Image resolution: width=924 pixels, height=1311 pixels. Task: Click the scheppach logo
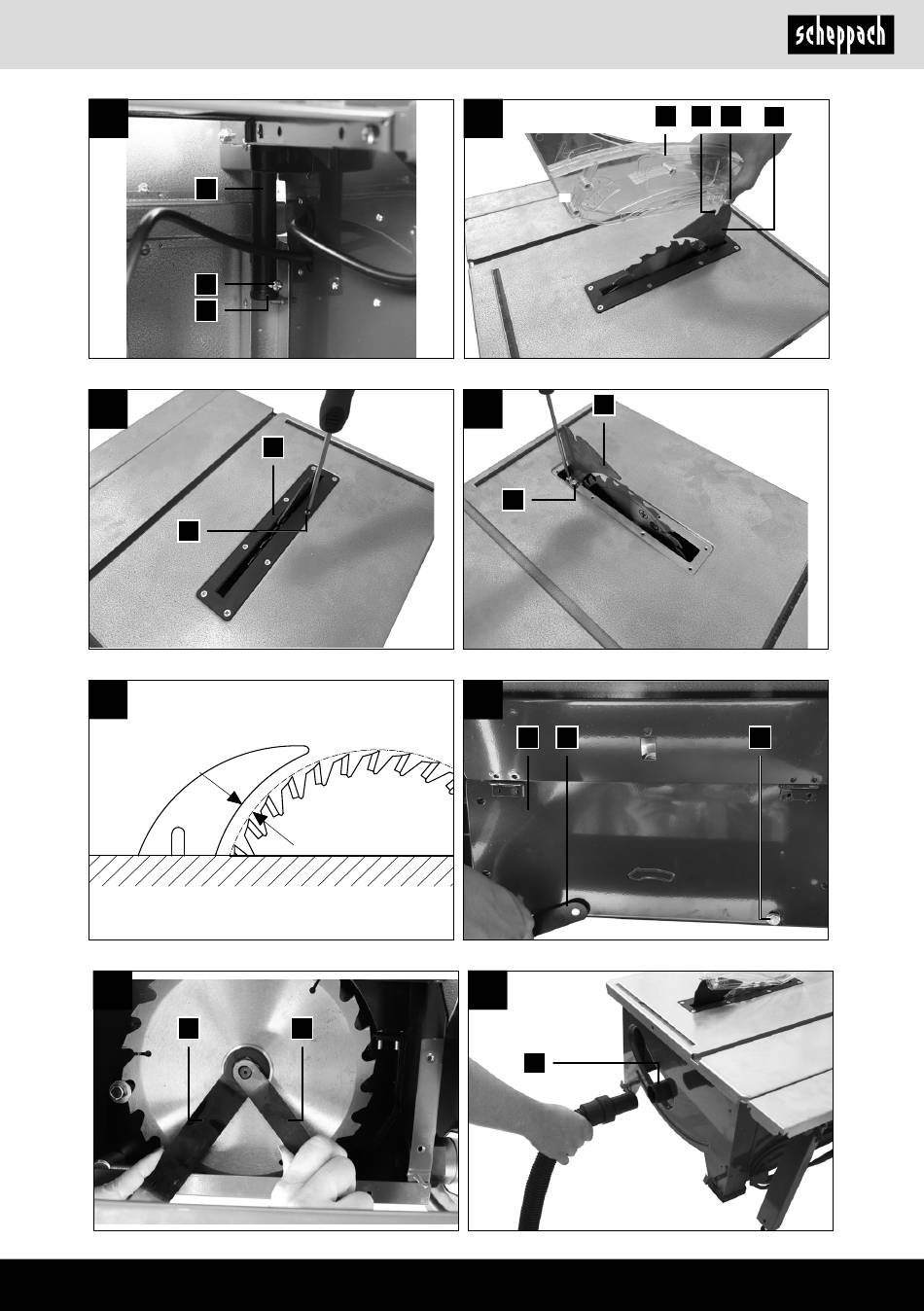pyautogui.click(x=840, y=35)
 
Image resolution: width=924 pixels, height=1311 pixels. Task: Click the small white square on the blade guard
pyautogui.click(x=565, y=197)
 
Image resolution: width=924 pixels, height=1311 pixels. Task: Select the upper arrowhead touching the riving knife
pyautogui.click(x=234, y=798)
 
